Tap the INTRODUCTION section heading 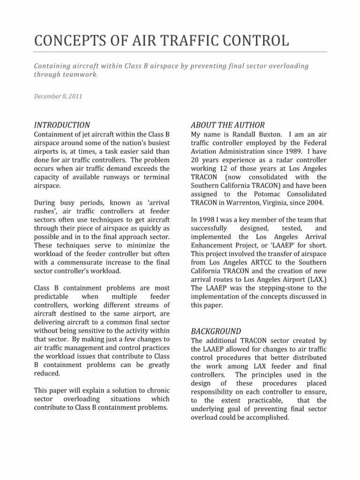click(x=62, y=125)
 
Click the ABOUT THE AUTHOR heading click(x=228, y=125)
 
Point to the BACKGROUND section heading click(x=216, y=331)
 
